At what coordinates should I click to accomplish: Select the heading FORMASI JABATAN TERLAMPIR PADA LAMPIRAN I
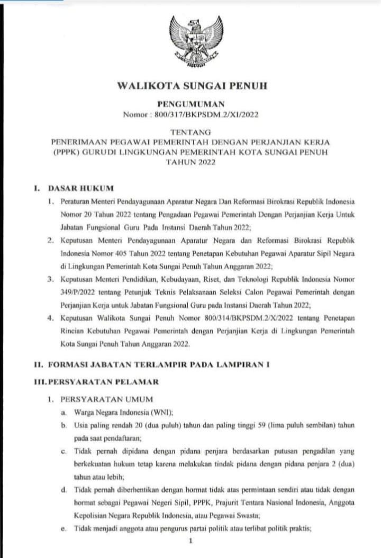pyautogui.click(x=159, y=364)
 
